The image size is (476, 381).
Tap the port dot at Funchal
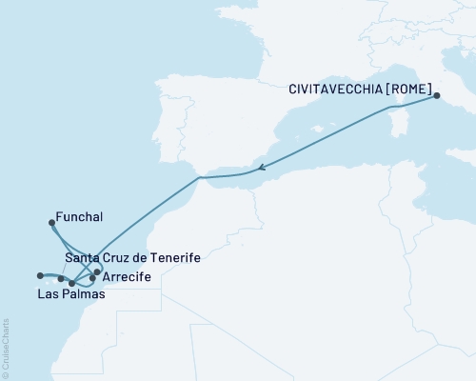click(50, 222)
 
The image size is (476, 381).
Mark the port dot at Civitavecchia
click(435, 95)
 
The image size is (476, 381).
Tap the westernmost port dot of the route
click(41, 276)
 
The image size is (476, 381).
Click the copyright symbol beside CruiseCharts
click(7, 373)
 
